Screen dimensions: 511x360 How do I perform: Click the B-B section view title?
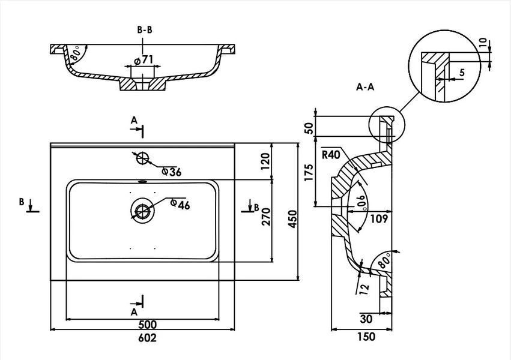point(144,30)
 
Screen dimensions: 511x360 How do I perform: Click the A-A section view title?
point(365,87)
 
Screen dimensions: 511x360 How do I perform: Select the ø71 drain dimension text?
point(144,60)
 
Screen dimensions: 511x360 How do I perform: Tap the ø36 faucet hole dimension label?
point(172,172)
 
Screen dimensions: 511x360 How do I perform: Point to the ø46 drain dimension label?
point(180,205)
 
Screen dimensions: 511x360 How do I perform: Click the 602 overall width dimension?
point(147,338)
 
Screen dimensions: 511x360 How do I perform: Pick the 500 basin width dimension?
point(147,325)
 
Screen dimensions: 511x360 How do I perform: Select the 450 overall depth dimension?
point(292,219)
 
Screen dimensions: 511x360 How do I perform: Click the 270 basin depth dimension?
point(266,217)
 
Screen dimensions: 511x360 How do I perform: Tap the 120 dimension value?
point(265,161)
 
